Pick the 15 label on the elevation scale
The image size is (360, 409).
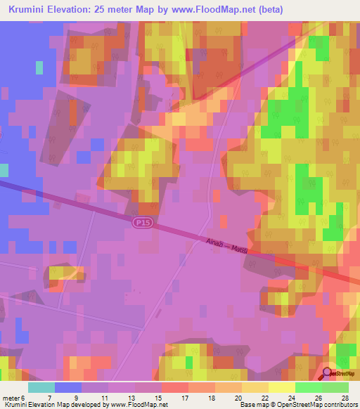coord(147,398)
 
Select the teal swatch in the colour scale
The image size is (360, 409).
coord(41,387)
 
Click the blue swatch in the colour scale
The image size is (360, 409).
coord(68,387)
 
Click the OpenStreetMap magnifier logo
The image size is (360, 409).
coord(328,373)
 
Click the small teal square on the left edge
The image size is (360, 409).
coord(4,170)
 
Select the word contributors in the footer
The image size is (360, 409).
coord(340,405)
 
